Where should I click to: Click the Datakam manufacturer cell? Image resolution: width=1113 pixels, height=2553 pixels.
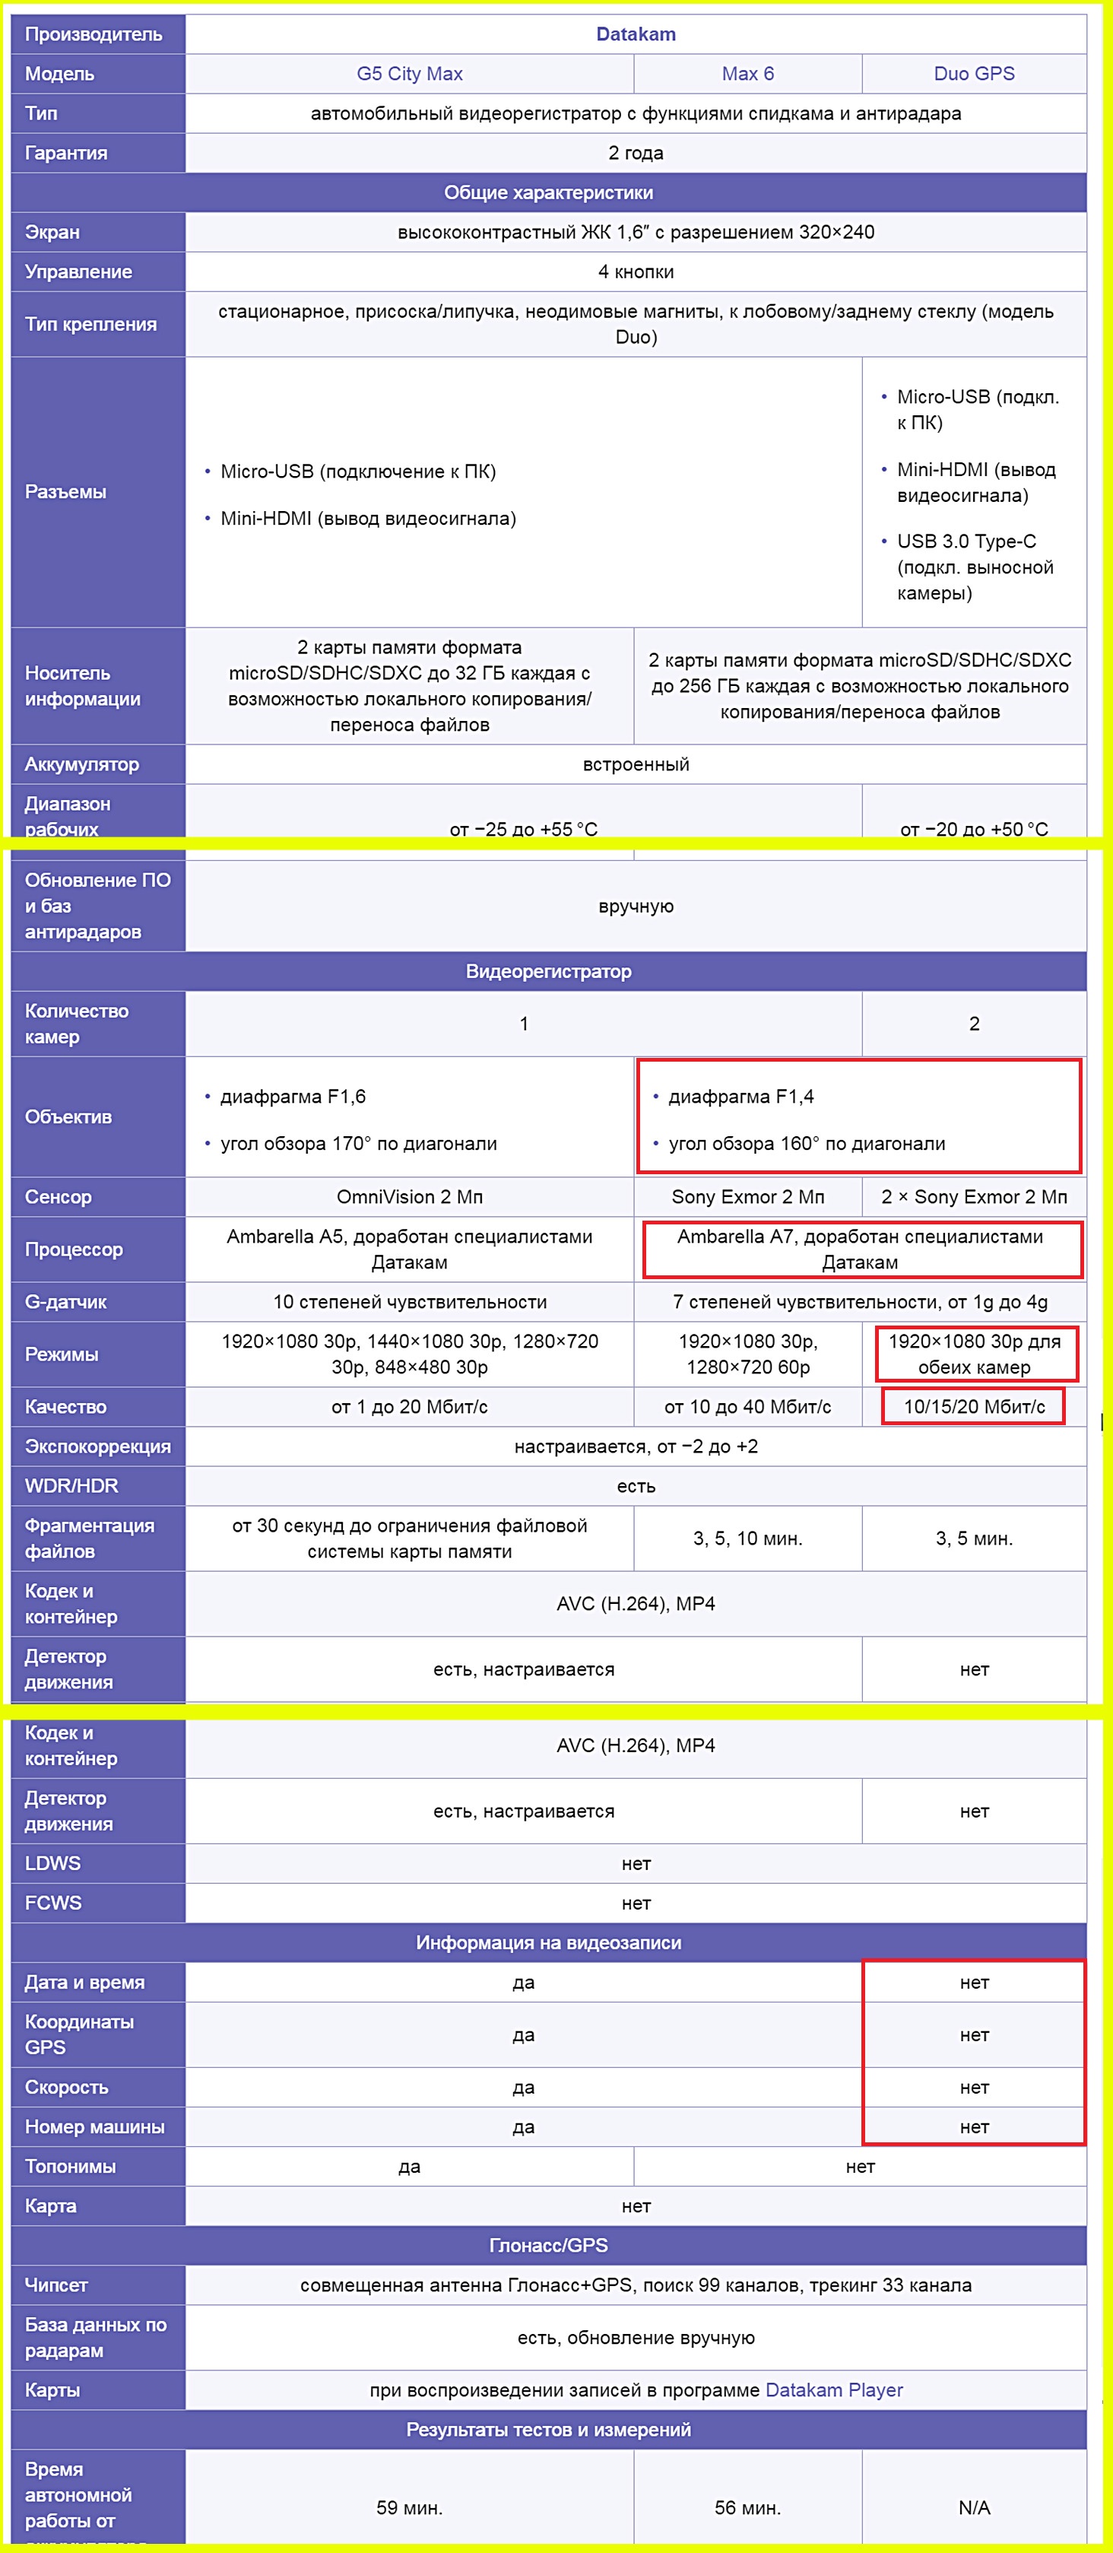pos(636,33)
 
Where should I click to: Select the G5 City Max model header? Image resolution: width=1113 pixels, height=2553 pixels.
pos(409,73)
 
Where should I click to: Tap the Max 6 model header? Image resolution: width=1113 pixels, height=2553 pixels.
pos(747,73)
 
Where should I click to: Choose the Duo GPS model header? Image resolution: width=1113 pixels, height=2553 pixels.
pos(973,73)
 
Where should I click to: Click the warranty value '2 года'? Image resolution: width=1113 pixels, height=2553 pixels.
pos(636,153)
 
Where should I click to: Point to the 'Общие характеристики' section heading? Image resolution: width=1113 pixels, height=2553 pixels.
pos(548,192)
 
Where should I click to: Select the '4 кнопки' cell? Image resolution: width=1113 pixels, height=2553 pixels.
pos(636,271)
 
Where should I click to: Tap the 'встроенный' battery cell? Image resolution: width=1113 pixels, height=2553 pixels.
pos(636,764)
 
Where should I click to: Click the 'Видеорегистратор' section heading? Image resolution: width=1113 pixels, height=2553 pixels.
pos(548,971)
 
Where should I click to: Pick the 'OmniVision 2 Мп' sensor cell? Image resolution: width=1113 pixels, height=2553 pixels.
pos(409,1196)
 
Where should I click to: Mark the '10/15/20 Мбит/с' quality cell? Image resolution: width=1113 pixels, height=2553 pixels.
pos(973,1406)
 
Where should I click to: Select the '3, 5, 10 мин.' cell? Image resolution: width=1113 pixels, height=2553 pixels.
pos(747,1538)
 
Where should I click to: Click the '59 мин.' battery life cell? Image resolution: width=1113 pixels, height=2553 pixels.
pos(409,2507)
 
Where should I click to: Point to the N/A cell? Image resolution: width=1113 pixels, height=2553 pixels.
pos(973,2507)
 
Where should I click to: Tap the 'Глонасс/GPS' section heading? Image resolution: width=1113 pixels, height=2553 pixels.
pos(548,2245)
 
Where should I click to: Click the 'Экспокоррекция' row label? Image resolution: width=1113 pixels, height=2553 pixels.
pos(97,1446)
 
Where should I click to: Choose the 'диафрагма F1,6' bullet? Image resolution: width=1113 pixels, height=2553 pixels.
pos(293,1096)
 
